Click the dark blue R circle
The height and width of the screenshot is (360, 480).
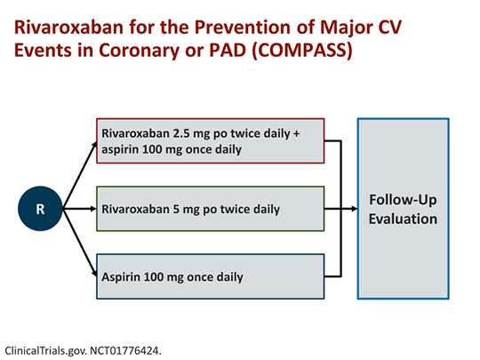[x=40, y=209]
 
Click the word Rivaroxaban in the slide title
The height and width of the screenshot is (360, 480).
[x=68, y=27]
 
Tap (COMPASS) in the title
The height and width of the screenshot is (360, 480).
[x=302, y=50]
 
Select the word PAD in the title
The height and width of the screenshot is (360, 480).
[x=228, y=50]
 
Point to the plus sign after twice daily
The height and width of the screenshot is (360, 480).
[x=296, y=133]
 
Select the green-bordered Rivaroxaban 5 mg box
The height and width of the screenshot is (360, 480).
[x=211, y=209]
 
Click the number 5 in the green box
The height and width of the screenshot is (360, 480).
[x=176, y=209]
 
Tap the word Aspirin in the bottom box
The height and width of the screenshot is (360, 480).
[x=121, y=277]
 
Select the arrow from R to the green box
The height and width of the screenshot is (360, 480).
[x=80, y=209]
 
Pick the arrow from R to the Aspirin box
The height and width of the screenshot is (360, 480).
[x=80, y=243]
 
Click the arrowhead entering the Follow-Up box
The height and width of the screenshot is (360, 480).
[x=354, y=209]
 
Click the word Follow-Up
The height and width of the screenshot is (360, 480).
[x=403, y=200]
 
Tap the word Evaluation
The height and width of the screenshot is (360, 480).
[x=403, y=219]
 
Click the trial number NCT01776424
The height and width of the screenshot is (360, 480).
[x=125, y=350]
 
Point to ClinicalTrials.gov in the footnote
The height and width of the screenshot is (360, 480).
[x=46, y=351]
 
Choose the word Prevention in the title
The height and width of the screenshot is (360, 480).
[x=242, y=27]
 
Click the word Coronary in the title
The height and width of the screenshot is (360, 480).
[x=139, y=51]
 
